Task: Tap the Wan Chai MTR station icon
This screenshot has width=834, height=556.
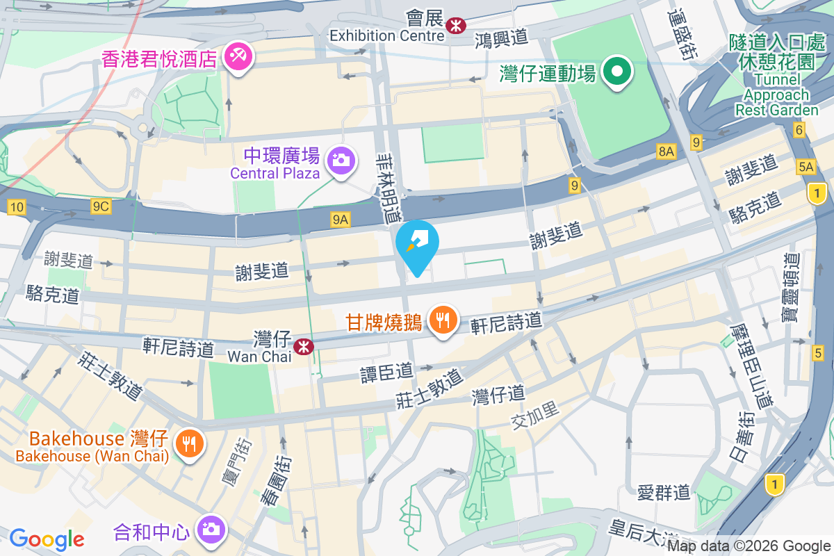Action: tap(304, 345)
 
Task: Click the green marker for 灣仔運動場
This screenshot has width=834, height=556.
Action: tap(616, 72)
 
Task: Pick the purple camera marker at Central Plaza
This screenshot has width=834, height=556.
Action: tap(341, 161)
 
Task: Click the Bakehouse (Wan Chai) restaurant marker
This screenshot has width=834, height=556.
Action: tap(188, 443)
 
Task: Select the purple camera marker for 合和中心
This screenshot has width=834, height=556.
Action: tap(209, 530)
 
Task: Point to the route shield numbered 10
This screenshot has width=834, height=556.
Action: tap(17, 206)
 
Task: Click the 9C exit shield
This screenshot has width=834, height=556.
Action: tap(101, 206)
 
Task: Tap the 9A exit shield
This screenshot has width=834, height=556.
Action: tap(340, 220)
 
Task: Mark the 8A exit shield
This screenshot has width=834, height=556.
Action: tap(666, 151)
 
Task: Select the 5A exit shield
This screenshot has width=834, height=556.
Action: tap(806, 167)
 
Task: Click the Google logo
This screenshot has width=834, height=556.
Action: tap(47, 539)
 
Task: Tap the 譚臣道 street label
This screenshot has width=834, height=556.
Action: tap(386, 373)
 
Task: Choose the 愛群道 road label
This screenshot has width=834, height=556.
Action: tap(664, 493)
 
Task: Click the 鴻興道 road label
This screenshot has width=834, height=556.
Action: tap(502, 39)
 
